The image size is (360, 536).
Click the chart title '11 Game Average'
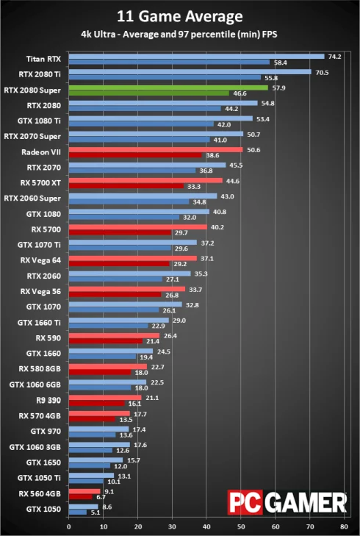[179, 16]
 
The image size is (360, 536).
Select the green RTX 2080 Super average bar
[168, 87]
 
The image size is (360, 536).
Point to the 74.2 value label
[335, 56]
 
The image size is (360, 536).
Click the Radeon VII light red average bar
[155, 149]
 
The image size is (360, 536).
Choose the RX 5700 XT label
[41, 182]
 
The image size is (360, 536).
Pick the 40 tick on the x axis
[206, 526]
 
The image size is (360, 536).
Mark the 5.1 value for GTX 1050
[94, 512]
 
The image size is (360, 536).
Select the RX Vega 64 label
[41, 260]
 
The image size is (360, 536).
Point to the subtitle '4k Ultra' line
[179, 33]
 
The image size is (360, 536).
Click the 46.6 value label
[240, 94]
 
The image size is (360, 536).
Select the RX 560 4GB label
[40, 493]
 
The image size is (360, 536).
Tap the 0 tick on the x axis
[68, 526]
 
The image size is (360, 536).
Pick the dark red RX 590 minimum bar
[105, 341]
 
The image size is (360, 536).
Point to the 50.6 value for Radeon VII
[254, 149]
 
